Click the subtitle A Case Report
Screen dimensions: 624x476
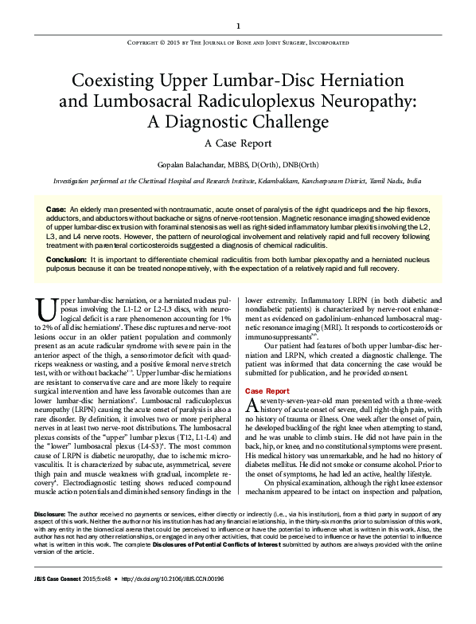click(x=238, y=144)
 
